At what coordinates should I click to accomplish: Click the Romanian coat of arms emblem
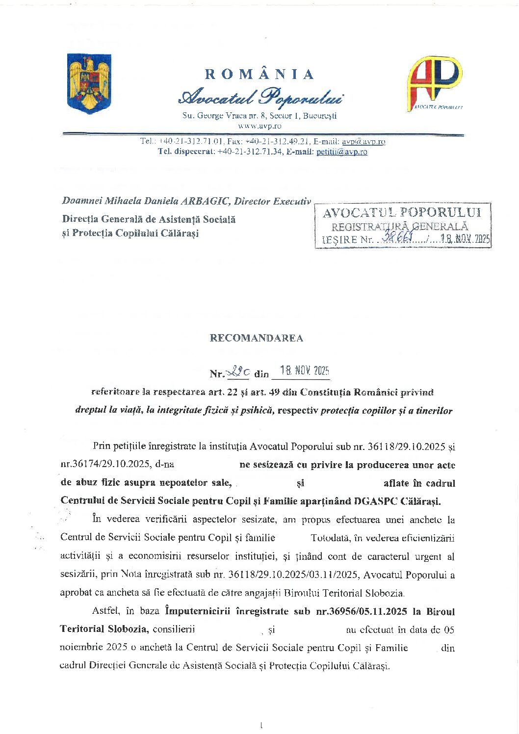pos(89,83)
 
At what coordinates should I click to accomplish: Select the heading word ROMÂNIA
pos(259,75)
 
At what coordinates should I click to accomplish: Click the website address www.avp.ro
pos(259,126)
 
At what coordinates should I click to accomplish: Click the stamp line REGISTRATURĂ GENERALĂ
pos(400,227)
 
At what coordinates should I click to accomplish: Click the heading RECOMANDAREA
pos(257,338)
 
